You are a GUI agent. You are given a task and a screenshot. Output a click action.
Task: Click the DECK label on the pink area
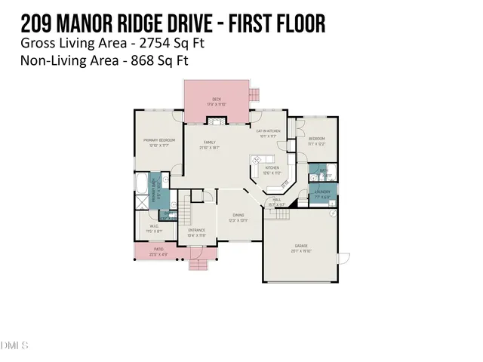[216, 100]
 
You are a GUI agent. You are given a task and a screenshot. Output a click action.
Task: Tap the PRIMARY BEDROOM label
[160, 141]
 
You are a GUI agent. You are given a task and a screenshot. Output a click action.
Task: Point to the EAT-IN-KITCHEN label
[269, 132]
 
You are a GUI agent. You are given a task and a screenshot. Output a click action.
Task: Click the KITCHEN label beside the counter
[272, 168]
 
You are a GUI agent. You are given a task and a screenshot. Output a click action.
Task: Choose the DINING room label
[238, 215]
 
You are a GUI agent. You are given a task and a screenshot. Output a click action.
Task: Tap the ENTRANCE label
[197, 230]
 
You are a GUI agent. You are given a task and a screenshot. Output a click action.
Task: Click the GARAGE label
[300, 246]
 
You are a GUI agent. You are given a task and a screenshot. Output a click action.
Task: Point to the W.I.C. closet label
[153, 225]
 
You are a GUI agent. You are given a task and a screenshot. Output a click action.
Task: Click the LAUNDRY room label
[322, 193]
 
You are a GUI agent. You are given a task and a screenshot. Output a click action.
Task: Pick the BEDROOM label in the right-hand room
[317, 139]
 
